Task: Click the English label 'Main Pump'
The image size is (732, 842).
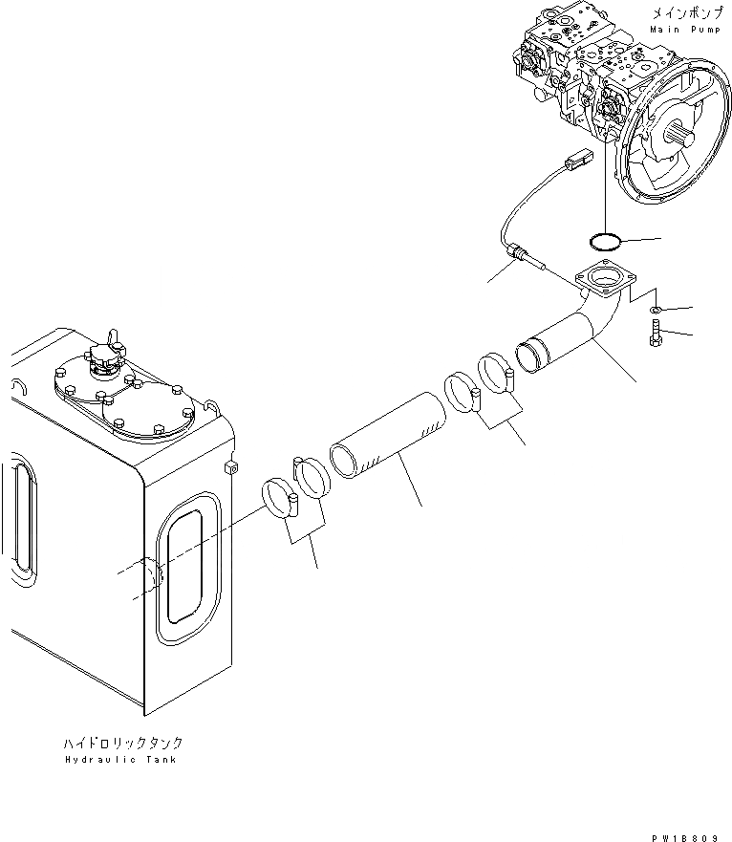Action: point(679,30)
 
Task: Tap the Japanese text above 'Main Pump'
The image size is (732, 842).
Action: point(679,13)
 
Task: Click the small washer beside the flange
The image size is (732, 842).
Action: point(654,311)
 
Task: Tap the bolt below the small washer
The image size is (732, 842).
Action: point(655,336)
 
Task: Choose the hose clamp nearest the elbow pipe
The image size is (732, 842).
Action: point(498,373)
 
